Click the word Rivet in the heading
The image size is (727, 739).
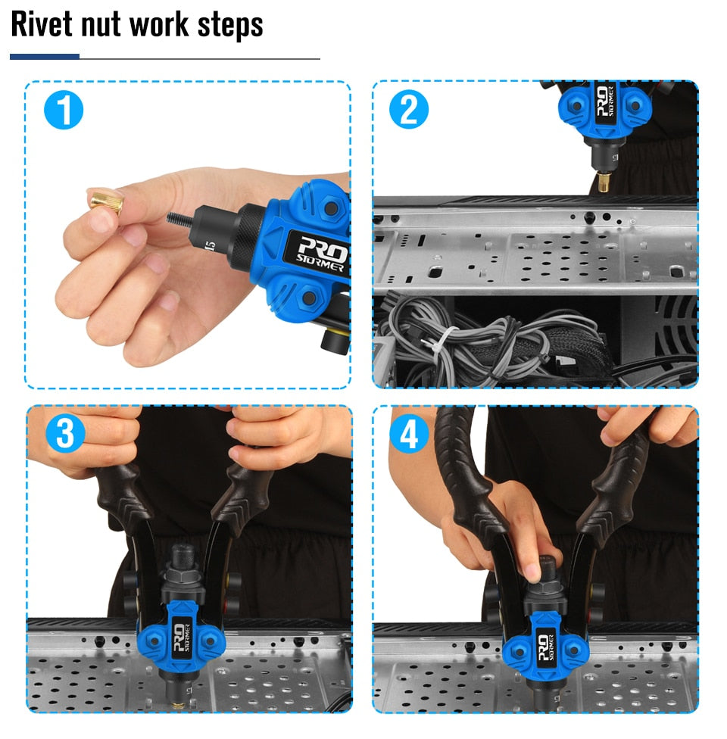pyautogui.click(x=42, y=24)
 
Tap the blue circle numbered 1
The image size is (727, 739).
pyautogui.click(x=64, y=110)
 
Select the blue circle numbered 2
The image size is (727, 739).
pyautogui.click(x=409, y=109)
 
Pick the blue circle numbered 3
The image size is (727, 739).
pyautogui.click(x=66, y=433)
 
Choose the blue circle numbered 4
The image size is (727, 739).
pyautogui.click(x=409, y=433)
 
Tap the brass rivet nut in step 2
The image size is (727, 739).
pyautogui.click(x=604, y=182)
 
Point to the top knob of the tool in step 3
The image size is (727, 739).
pyautogui.click(x=183, y=555)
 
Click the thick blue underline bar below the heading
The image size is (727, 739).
pyautogui.click(x=45, y=57)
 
